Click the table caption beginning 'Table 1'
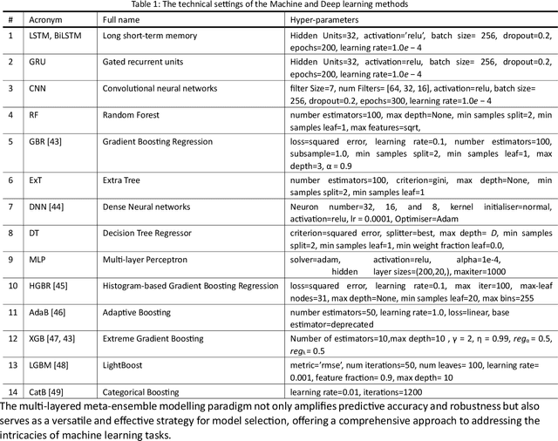[279, 5]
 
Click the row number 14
[10, 390]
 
